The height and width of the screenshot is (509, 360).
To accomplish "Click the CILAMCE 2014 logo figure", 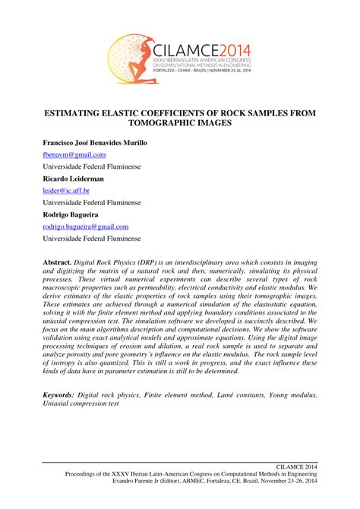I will [131, 58].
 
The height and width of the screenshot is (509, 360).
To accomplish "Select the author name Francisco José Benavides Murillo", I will [95, 143].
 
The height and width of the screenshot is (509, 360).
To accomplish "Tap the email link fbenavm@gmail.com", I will [74, 154].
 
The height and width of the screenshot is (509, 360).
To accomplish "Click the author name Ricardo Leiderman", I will [74, 179].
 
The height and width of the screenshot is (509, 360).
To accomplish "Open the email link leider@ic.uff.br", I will [66, 191].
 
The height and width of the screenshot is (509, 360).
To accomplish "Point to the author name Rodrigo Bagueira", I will [73, 214].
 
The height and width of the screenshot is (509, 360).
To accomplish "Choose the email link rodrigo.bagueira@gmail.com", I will [85, 226].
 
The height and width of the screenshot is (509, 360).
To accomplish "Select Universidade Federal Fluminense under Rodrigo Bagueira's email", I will [91, 239].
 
